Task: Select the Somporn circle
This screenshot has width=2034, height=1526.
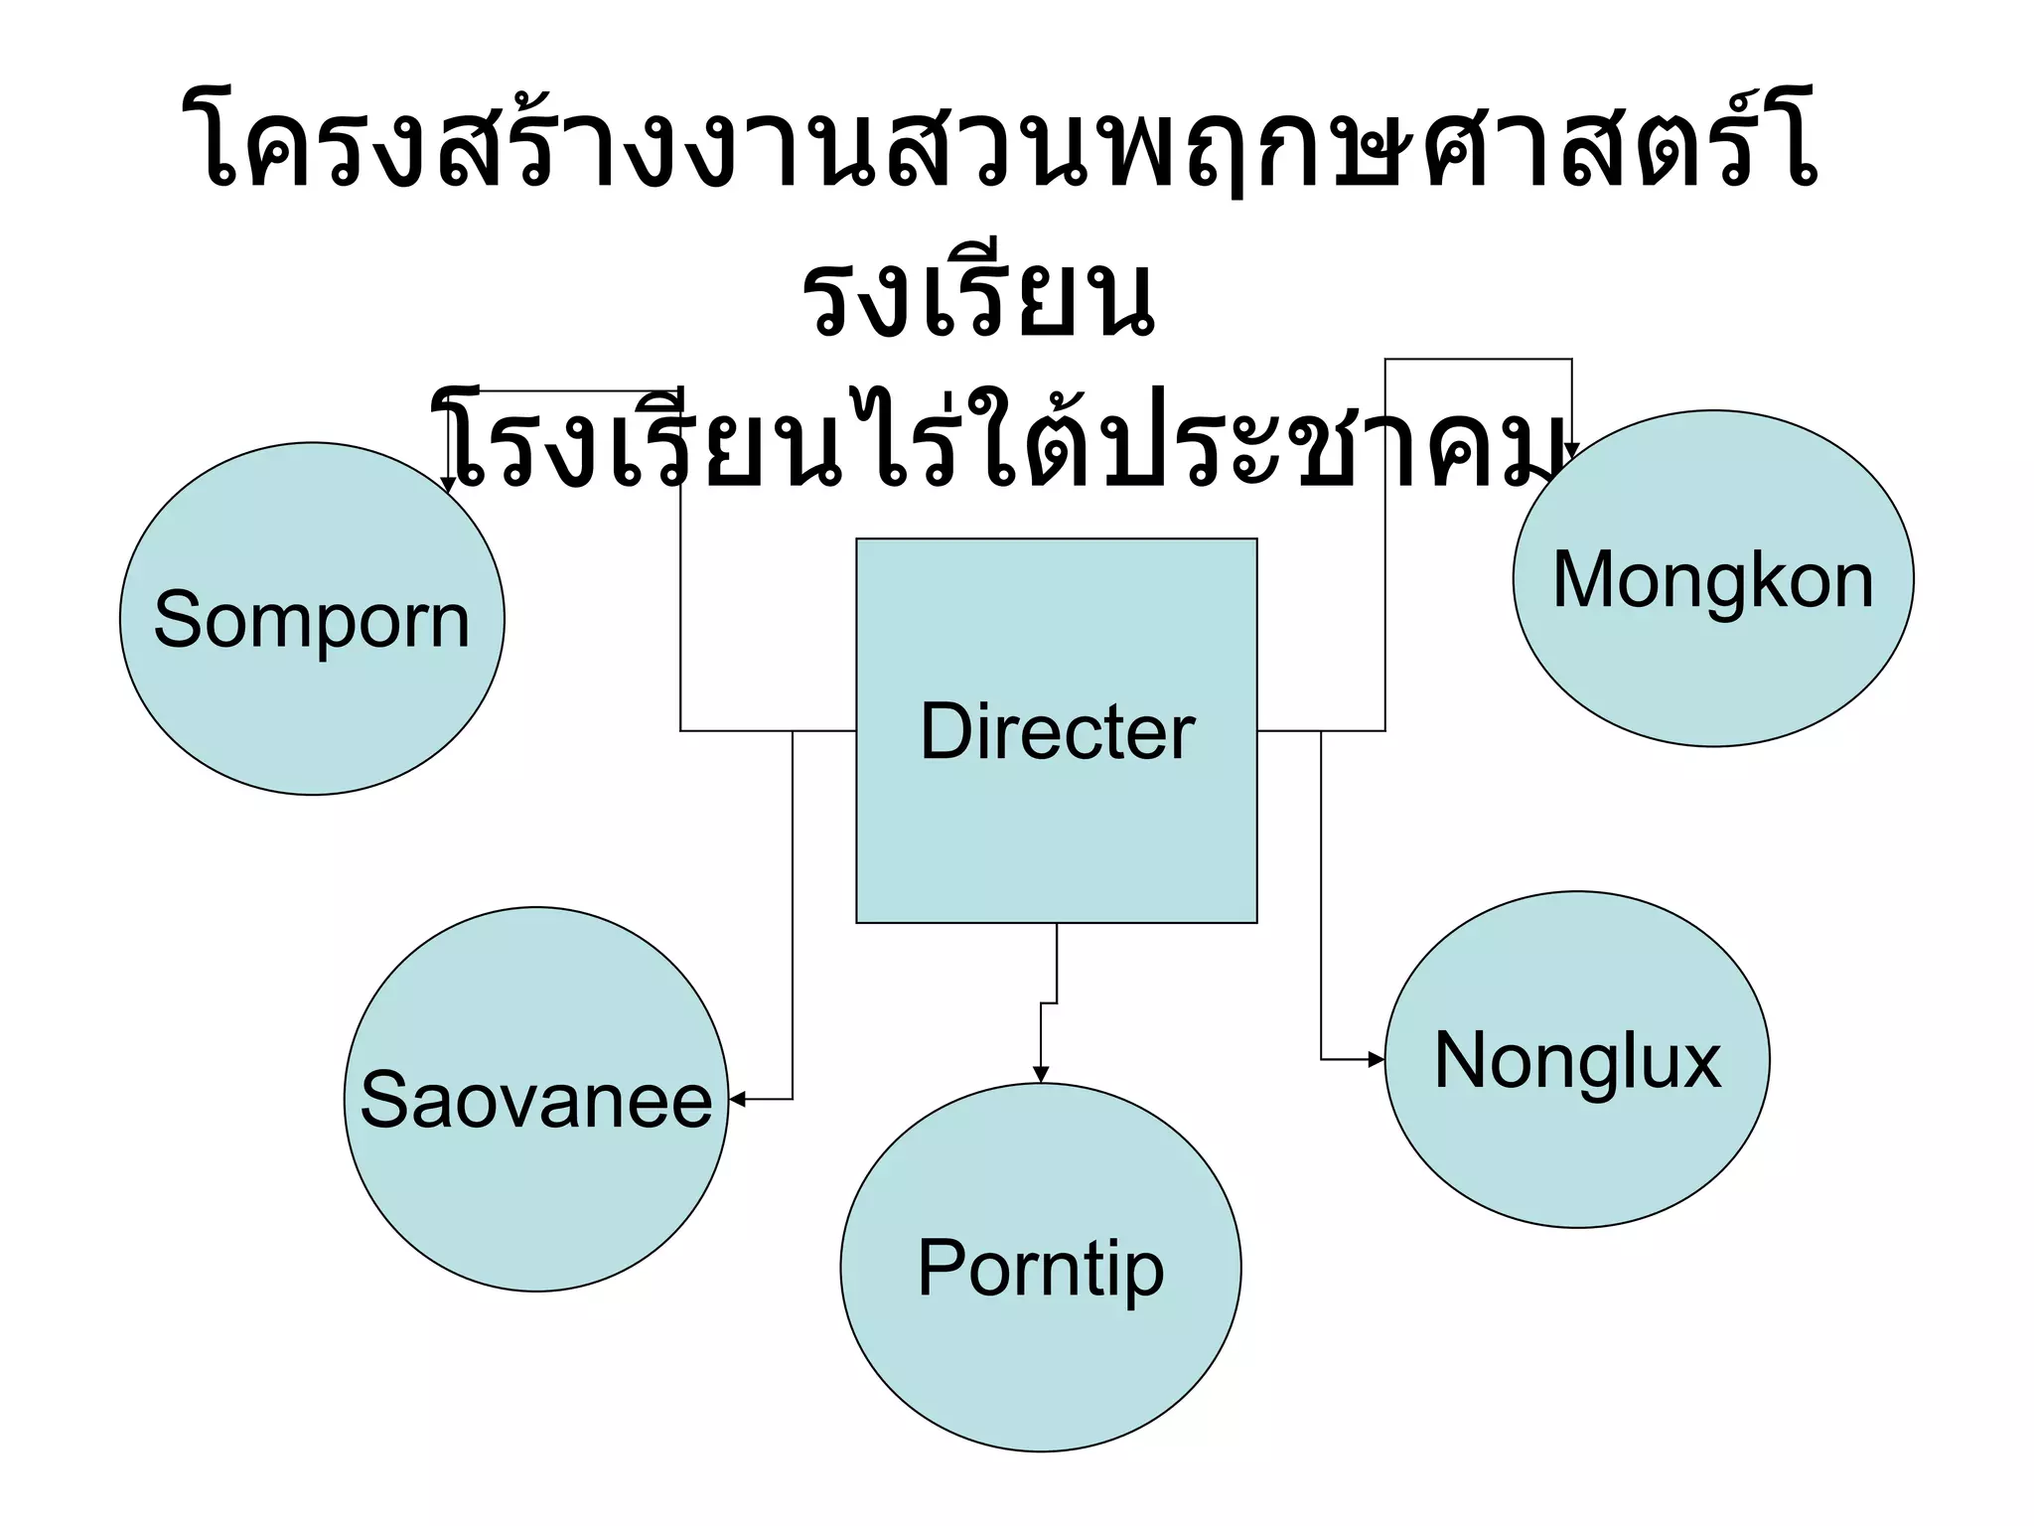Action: click(312, 695)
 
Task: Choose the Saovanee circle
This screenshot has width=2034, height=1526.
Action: click(535, 1192)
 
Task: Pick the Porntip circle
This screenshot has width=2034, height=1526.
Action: click(1040, 1361)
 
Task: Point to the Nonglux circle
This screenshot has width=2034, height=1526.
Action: click(1576, 1143)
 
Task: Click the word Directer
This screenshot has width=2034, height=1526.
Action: click(1057, 731)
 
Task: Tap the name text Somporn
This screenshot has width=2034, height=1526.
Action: click(312, 619)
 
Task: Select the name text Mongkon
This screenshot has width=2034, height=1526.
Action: click(1712, 580)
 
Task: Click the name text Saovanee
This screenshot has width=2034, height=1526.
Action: click(535, 1100)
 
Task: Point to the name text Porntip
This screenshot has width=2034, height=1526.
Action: click(1040, 1268)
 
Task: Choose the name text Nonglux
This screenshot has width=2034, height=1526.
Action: click(1576, 1060)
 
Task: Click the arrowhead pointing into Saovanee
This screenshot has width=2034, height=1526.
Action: click(737, 1100)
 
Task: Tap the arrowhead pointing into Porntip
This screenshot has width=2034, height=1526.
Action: click(1040, 1075)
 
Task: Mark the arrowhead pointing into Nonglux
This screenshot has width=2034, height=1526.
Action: click(1377, 1060)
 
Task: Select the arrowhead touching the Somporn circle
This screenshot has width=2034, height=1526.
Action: click(449, 485)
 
